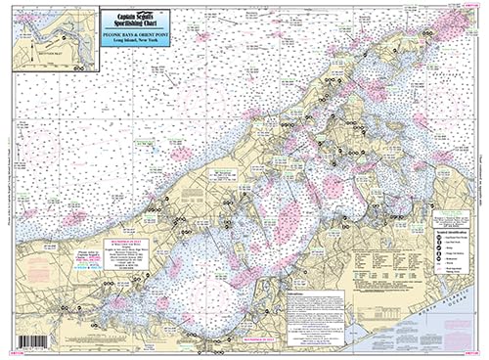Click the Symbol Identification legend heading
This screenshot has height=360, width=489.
coord(451,226)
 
